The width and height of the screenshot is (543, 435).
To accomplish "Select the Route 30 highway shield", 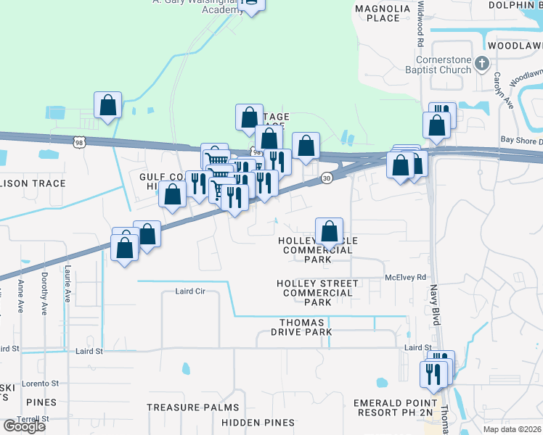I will pos(327,178).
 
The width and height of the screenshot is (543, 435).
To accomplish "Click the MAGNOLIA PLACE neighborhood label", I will pos(377,13).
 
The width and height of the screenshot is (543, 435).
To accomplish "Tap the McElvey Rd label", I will pos(405,277).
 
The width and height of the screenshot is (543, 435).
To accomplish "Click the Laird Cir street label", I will pos(191,291).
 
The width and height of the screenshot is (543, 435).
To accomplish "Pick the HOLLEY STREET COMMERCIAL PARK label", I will pos(317,292).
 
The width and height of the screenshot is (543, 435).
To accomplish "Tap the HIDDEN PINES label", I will pos(258,422).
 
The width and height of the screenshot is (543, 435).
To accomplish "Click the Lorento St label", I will pos(41,383).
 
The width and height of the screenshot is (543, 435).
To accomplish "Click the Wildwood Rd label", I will pos(420,22).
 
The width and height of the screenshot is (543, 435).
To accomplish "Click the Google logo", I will pos(24,426).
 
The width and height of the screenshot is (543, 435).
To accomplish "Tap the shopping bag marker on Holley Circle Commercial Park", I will pos(330,232).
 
